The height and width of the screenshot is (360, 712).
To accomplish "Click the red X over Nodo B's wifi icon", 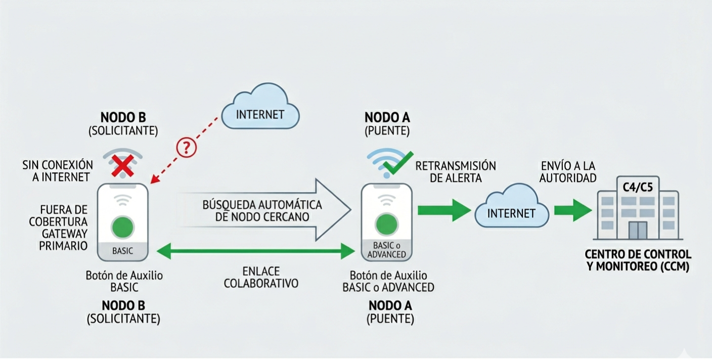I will (x=123, y=165).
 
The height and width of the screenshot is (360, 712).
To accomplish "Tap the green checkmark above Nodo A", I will (x=398, y=163).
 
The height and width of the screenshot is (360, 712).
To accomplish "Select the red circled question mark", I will (x=186, y=147).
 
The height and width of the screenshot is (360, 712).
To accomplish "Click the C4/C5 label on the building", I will (x=637, y=188).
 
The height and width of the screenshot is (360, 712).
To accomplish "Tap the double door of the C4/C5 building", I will (x=637, y=230).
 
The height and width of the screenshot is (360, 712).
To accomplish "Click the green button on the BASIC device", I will (x=122, y=227).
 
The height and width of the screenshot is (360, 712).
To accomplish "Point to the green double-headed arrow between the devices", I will (x=256, y=250).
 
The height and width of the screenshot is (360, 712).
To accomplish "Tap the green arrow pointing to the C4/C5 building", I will (x=572, y=210).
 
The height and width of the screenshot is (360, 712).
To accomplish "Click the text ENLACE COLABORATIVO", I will (x=261, y=278).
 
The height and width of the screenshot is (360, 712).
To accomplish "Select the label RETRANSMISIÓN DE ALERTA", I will (x=455, y=172).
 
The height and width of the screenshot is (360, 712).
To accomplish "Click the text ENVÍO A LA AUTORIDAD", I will (x=567, y=172).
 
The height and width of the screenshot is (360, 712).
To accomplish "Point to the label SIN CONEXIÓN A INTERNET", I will (x=57, y=171).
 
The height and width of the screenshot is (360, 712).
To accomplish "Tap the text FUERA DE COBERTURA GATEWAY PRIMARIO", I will (x=58, y=227).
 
